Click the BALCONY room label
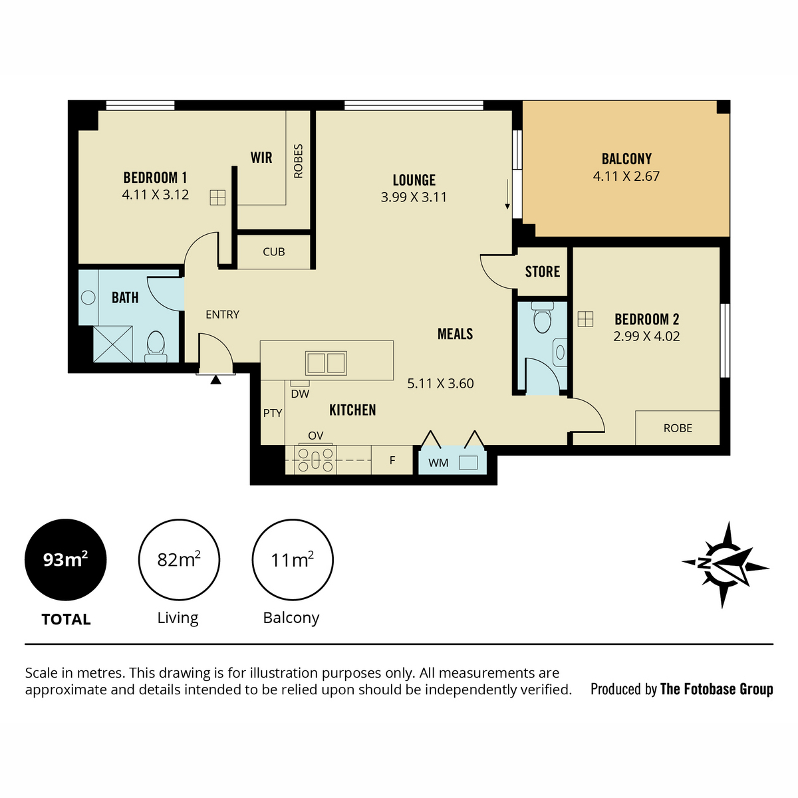coord(626,159)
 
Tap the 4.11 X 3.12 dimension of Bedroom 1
coord(156,195)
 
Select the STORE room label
coord(542,272)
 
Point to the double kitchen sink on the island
coord(326,363)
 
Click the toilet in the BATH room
coord(156,346)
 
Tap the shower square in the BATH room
coord(113,344)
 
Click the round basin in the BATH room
coord(88,298)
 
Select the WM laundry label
coord(438,463)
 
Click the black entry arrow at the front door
coord(215,379)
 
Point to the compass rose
coord(725,565)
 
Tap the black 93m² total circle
coord(65,560)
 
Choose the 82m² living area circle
coord(179,560)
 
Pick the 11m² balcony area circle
coord(293,560)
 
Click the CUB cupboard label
coord(274,252)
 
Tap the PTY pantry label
coord(273,413)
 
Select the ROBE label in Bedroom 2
coord(678,428)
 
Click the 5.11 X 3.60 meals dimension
coord(440,384)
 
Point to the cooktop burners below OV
coord(316,459)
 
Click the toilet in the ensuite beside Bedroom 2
coord(542,318)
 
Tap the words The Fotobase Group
coord(716,690)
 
